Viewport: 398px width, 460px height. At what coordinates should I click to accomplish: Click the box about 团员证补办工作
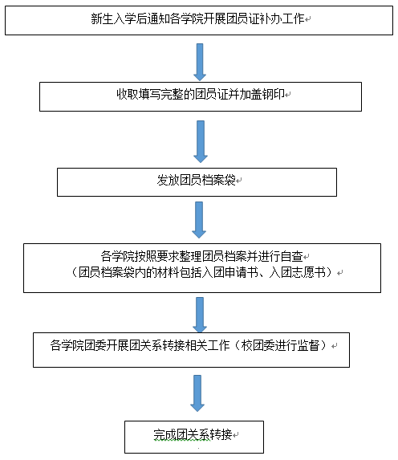tap(199, 21)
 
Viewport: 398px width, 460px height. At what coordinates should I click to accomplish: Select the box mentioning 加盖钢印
tap(201, 96)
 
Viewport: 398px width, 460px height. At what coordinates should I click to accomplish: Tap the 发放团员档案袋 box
tap(197, 182)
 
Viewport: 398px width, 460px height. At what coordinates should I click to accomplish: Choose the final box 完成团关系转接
tap(194, 437)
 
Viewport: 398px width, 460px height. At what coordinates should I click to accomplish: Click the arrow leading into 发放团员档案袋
tap(201, 141)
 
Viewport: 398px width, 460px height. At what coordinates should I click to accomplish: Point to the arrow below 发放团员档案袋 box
tap(199, 220)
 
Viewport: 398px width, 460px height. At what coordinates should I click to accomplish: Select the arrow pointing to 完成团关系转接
tap(197, 393)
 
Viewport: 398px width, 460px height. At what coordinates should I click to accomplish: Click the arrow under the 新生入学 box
tap(200, 62)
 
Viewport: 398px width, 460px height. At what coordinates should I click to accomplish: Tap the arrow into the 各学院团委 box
tap(200, 315)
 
